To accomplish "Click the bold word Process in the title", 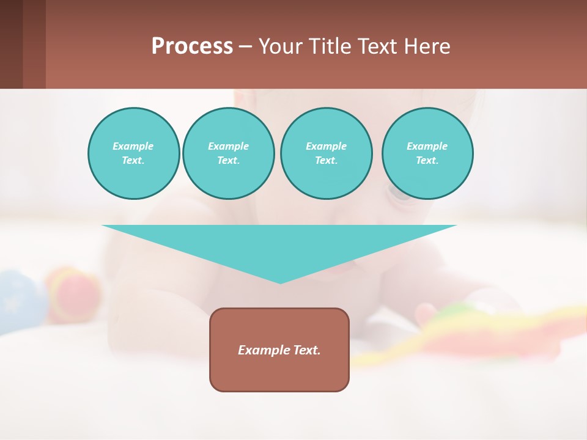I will [192, 46].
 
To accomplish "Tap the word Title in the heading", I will [330, 46].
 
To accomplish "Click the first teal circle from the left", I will [133, 153].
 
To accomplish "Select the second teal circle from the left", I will [228, 153].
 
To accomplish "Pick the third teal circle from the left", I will [326, 153].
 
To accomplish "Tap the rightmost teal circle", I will [427, 153].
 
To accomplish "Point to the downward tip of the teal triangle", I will [280, 281].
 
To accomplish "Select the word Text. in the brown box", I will [307, 350].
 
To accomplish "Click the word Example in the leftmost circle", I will [133, 146].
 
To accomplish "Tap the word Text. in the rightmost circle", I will [427, 161].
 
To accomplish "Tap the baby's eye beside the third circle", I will [397, 194].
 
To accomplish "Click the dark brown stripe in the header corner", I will [11, 44].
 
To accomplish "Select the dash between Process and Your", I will [246, 46].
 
